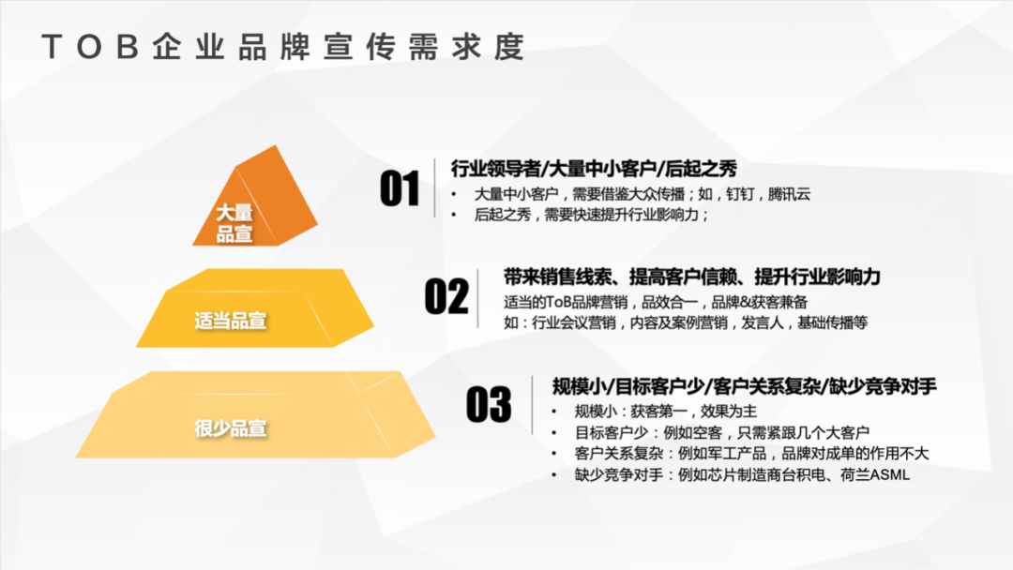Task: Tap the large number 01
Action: [x=400, y=189]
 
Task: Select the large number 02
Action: [x=446, y=296]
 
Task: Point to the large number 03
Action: [x=489, y=405]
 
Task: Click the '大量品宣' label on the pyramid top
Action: [x=234, y=224]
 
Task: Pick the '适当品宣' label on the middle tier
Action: [x=231, y=321]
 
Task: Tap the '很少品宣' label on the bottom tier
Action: [x=231, y=429]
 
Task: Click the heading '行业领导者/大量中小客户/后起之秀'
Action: [x=594, y=169]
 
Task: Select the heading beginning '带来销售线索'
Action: [x=692, y=277]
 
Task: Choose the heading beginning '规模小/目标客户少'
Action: [x=745, y=386]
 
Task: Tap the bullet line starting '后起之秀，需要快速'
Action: [x=591, y=215]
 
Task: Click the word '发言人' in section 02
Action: [x=766, y=323]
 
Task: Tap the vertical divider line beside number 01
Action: [x=435, y=188]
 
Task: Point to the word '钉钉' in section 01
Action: [x=738, y=194]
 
